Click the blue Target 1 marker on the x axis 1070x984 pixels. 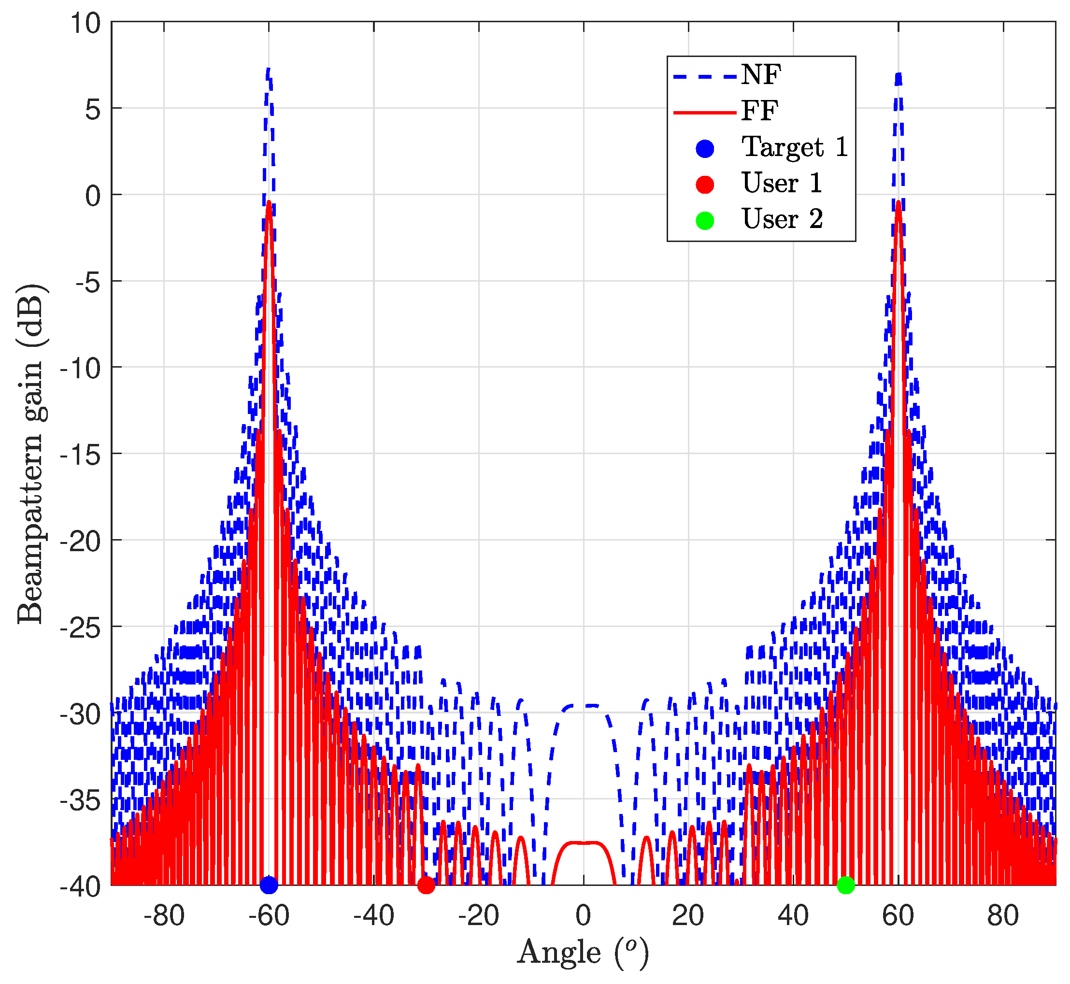pos(269,885)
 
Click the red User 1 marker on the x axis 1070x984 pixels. pos(426,885)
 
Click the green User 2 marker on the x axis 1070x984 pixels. pos(846,885)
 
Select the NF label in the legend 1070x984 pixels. pos(761,74)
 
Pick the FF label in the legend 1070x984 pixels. pos(760,111)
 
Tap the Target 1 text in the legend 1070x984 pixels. pos(795,147)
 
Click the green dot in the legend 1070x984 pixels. pos(705,220)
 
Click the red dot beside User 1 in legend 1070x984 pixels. pos(705,184)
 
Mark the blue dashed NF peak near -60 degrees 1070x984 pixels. pos(268,69)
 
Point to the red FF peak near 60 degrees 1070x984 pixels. pos(899,202)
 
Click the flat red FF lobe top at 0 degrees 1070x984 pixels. pos(584,843)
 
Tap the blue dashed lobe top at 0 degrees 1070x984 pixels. pos(584,706)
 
